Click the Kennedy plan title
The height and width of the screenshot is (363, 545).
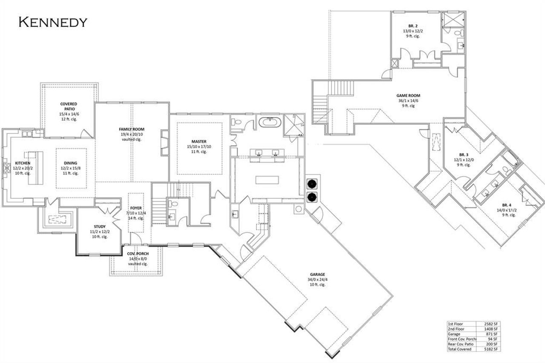pyautogui.click(x=53, y=22)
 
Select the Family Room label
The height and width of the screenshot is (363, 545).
pyautogui.click(x=132, y=129)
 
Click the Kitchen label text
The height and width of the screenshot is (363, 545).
pyautogui.click(x=23, y=163)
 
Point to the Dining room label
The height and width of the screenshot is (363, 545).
pyautogui.click(x=71, y=163)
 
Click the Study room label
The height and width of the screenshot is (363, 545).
pyautogui.click(x=99, y=226)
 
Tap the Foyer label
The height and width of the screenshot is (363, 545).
pyautogui.click(x=136, y=208)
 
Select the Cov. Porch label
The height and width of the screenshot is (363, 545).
pyautogui.click(x=137, y=253)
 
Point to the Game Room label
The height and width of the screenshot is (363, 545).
pyautogui.click(x=408, y=95)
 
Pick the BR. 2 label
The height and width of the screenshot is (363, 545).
pyautogui.click(x=413, y=26)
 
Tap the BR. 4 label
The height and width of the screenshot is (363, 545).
pyautogui.click(x=505, y=205)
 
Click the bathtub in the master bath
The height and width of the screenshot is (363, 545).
pyautogui.click(x=270, y=123)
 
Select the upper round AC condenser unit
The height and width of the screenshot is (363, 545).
pyautogui.click(x=313, y=183)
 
